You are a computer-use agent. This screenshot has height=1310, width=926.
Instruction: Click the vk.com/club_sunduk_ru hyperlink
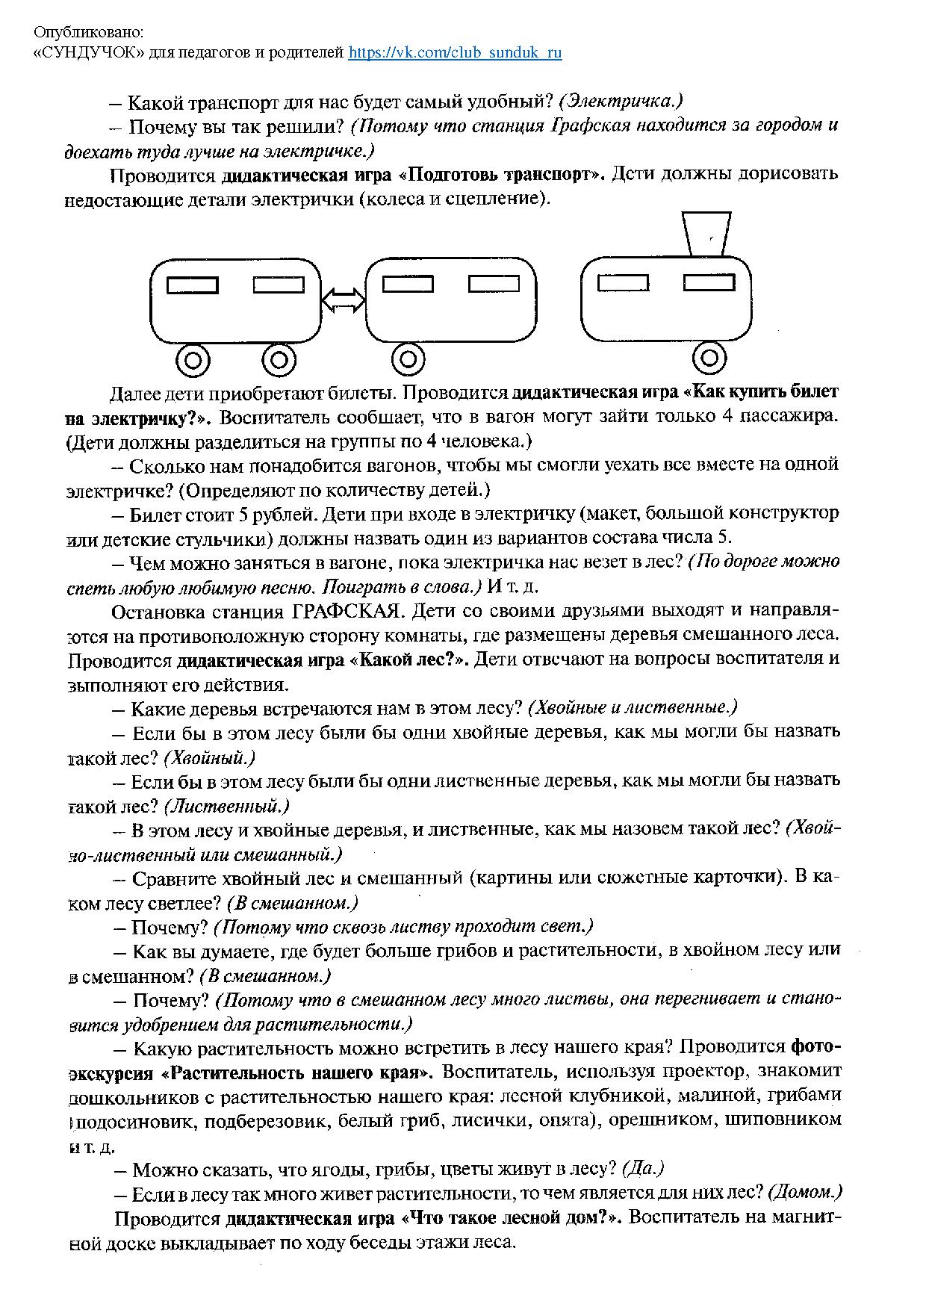[x=455, y=52]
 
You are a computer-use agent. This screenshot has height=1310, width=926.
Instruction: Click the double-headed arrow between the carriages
[x=343, y=299]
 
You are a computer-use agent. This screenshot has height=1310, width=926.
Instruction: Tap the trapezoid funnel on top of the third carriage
[x=706, y=234]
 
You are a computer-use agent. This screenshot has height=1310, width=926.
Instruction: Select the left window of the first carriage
[x=192, y=285]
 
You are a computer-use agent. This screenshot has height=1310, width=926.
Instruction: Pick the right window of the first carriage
[x=279, y=285]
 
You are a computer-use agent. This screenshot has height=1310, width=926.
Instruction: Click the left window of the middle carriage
[x=408, y=284]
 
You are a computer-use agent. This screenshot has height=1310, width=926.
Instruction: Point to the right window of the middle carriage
[x=494, y=284]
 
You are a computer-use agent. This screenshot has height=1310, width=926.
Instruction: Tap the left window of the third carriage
[x=624, y=283]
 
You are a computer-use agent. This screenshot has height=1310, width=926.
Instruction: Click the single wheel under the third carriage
[x=709, y=358]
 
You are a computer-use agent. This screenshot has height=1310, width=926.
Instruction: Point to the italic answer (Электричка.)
[x=621, y=101]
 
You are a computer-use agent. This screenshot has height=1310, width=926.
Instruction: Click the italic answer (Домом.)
[x=805, y=1192]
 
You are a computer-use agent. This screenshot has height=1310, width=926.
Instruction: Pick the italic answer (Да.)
[x=643, y=1168]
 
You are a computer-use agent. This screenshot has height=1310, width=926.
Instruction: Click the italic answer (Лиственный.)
[x=226, y=807]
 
